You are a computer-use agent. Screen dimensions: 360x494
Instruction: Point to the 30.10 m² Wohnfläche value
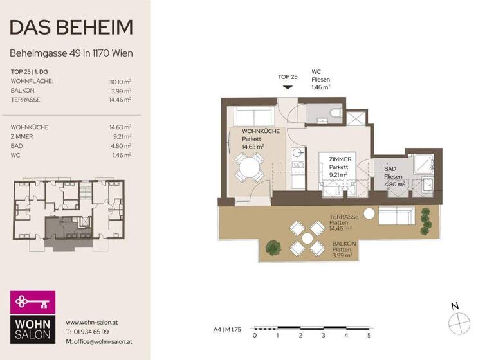120,82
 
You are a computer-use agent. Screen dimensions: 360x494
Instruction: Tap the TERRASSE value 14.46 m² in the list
120,100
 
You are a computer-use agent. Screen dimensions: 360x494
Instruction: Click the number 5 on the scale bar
369,336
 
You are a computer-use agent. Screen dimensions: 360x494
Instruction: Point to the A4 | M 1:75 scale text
227,329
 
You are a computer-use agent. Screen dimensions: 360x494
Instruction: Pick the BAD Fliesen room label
394,175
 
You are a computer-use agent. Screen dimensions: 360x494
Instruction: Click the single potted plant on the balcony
273,246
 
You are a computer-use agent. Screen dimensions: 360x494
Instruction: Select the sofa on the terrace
396,217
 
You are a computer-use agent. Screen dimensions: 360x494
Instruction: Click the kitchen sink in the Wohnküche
298,154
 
